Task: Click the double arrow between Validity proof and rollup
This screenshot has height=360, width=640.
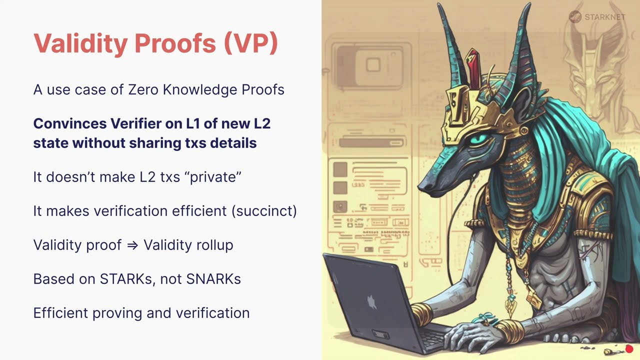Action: pyautogui.click(x=132, y=245)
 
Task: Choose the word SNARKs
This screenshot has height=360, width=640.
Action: pyautogui.click(x=213, y=279)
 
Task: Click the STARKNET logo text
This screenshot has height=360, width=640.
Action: pyautogui.click(x=604, y=17)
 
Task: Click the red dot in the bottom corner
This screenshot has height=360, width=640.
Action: pyautogui.click(x=629, y=349)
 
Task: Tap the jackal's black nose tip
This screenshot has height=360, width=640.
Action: pyautogui.click(x=423, y=187)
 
